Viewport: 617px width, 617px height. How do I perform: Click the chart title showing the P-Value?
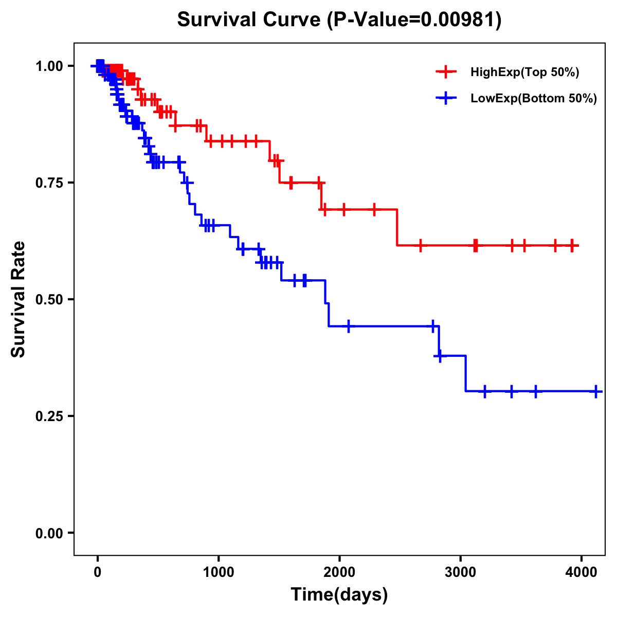coord(339,20)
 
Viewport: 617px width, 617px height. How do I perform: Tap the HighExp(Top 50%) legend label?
coord(525,72)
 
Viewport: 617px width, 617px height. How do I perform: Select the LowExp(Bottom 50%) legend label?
coord(534,99)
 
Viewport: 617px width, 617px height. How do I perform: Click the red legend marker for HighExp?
coord(446,72)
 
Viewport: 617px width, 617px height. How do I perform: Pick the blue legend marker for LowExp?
coord(446,98)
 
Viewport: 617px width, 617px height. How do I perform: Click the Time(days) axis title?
coord(339,595)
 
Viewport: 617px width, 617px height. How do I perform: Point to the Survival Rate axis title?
coord(19,299)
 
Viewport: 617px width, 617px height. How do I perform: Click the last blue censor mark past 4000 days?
coord(596,391)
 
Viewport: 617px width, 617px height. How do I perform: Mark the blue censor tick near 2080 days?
coord(349,326)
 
